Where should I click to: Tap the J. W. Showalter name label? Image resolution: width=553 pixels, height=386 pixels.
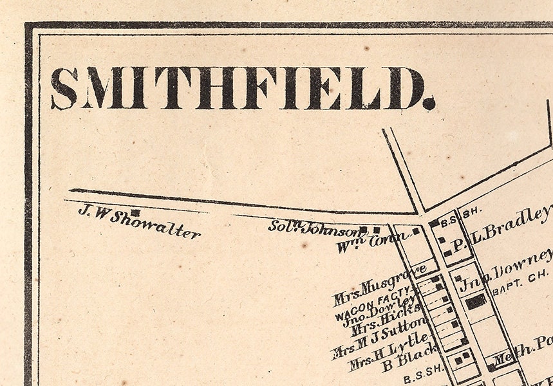[x=138, y=221]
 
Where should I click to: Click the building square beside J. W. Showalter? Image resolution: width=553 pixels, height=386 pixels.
[x=135, y=212]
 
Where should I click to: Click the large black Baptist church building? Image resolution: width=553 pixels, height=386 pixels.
[x=476, y=301]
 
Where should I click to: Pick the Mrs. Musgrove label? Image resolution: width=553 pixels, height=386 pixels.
[x=380, y=284]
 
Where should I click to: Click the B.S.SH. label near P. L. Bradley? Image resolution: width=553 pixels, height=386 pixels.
[x=460, y=210]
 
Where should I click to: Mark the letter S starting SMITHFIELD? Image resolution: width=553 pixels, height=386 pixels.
[x=64, y=88]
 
